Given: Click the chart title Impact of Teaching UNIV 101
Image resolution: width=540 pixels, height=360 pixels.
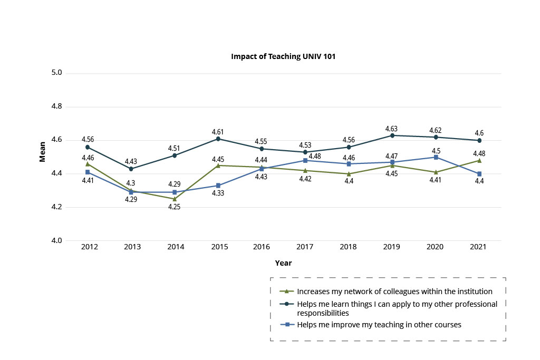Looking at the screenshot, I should [x=283, y=56].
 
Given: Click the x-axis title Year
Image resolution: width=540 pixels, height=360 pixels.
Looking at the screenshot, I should [x=283, y=262].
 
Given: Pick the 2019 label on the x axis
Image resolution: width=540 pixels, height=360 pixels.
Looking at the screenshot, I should [x=392, y=247].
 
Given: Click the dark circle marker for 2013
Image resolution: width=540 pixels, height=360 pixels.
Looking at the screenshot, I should [x=131, y=169].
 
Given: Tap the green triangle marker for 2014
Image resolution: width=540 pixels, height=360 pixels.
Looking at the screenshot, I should [x=175, y=199].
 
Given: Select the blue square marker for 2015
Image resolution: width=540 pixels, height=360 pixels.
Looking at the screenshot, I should [x=218, y=186].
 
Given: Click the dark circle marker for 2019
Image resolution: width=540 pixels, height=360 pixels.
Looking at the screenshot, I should [x=392, y=135].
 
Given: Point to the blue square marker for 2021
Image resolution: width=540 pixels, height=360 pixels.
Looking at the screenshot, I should [x=479, y=174].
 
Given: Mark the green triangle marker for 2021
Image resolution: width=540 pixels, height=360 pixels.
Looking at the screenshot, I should [x=479, y=160].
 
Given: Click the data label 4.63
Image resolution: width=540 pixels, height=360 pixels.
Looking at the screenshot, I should [x=392, y=128].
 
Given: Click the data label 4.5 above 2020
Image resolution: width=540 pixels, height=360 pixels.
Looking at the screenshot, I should [x=436, y=151].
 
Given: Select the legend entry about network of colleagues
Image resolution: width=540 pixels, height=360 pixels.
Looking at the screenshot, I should [x=394, y=291].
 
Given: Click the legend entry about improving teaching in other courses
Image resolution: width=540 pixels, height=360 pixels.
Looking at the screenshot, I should [x=379, y=325].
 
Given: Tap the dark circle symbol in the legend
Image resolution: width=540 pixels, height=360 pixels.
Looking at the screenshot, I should [x=286, y=304].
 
